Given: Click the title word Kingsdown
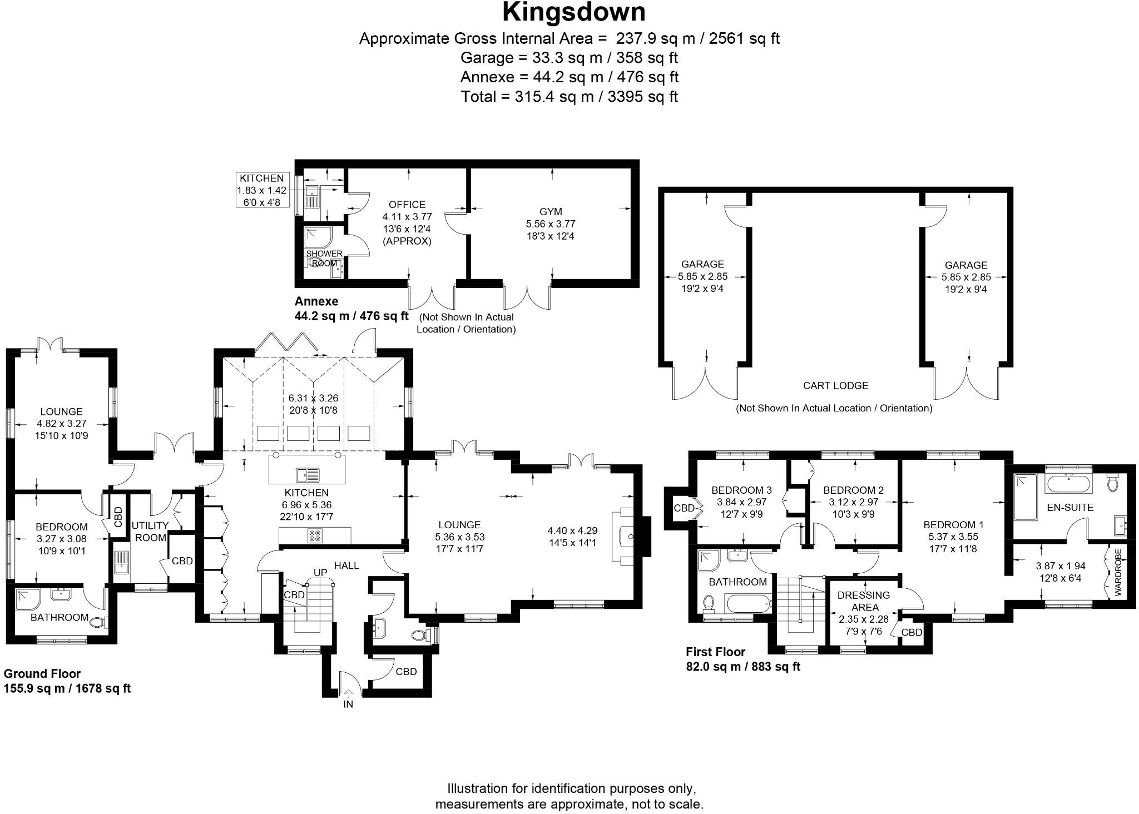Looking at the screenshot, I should [573, 12].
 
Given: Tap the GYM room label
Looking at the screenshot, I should [551, 212].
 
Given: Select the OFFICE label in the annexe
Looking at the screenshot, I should [407, 205].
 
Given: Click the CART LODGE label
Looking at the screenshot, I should [835, 385].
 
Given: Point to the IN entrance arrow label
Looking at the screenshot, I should [348, 704].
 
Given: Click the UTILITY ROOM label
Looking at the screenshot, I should [150, 532].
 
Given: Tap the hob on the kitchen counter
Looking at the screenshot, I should [315, 536].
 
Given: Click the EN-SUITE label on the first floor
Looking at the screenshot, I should [1062, 507].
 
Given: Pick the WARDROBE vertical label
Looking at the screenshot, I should [1118, 573].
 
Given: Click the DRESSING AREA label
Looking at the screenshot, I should [864, 601].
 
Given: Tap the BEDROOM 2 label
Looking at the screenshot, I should [853, 490].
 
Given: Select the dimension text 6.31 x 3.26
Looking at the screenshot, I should [313, 398].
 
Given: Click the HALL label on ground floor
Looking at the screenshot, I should [346, 565].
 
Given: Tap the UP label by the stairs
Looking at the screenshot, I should [320, 572].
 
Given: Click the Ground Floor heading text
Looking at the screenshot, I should [42, 673].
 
